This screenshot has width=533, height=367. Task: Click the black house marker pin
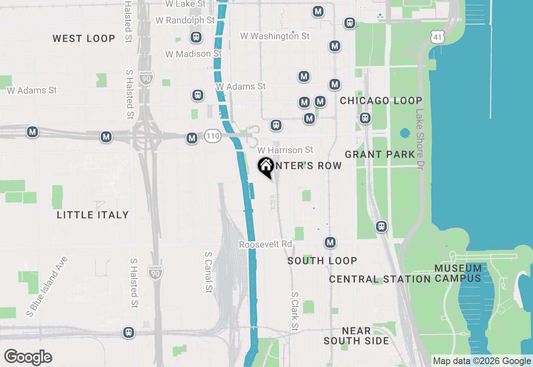point(265,167)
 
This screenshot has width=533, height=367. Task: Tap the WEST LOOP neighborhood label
point(84,39)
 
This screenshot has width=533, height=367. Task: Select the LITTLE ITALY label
point(93,215)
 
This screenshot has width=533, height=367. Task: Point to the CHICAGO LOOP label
point(381,101)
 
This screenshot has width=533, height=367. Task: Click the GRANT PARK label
point(380,155)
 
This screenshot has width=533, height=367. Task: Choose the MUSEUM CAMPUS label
point(458,273)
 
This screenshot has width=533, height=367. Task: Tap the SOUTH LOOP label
point(322,261)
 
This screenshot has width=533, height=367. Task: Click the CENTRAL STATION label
point(380,279)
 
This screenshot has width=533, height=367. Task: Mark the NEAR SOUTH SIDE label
point(356,336)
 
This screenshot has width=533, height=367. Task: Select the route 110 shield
point(212,136)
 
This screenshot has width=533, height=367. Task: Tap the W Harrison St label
point(285,150)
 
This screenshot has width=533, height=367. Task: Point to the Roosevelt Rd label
point(266,244)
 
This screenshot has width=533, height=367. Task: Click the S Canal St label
point(209,272)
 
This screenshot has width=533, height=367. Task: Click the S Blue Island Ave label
point(47,287)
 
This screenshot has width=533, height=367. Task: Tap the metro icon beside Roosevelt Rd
point(330,242)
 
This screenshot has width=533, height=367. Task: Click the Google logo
point(28,357)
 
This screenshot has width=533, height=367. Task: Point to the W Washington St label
point(275,36)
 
